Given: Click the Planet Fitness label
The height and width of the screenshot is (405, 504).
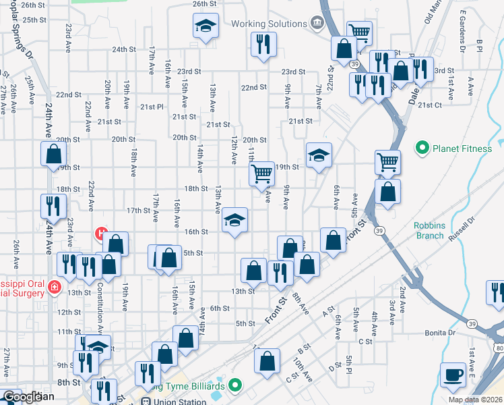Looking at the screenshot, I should [x=462, y=148].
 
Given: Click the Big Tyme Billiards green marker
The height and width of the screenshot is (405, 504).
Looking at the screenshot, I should [x=234, y=385].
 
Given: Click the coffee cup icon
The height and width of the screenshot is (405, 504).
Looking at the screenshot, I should [x=452, y=375].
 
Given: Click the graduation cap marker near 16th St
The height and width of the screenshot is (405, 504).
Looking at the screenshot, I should [x=234, y=220].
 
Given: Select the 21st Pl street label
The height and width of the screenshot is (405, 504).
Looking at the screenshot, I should [x=152, y=107].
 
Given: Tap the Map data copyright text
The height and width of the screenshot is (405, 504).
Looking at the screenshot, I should [x=475, y=400].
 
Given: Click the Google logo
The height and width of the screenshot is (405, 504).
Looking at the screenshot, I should [x=27, y=397].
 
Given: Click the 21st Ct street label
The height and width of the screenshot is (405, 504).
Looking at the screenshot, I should [x=429, y=105].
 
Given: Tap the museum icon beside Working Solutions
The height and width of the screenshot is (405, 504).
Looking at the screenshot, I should [x=315, y=24].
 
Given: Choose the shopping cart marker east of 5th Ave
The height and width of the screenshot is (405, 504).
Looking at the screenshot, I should [x=388, y=162].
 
